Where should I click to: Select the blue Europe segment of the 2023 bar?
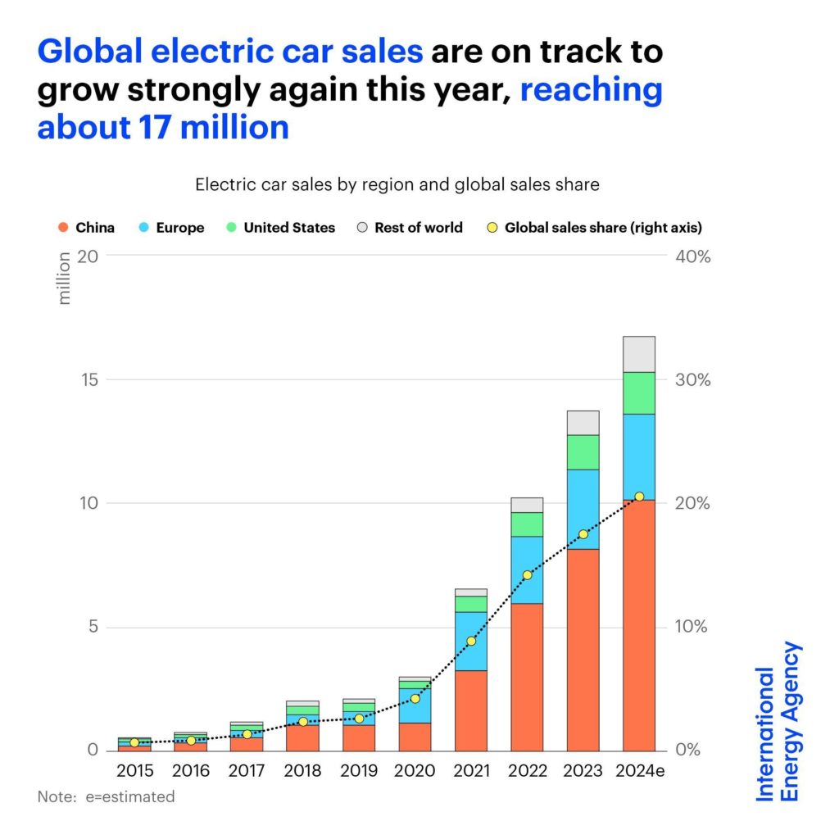point(583,509)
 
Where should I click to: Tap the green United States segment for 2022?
point(527,524)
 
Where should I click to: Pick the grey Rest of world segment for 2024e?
point(639,354)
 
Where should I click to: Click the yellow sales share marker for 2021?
point(470,641)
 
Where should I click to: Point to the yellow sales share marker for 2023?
point(583,534)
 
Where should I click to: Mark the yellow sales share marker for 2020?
point(415,698)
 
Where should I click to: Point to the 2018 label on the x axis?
point(302,771)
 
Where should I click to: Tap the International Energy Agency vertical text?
point(778,721)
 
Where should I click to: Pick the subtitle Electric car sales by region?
point(397,185)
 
